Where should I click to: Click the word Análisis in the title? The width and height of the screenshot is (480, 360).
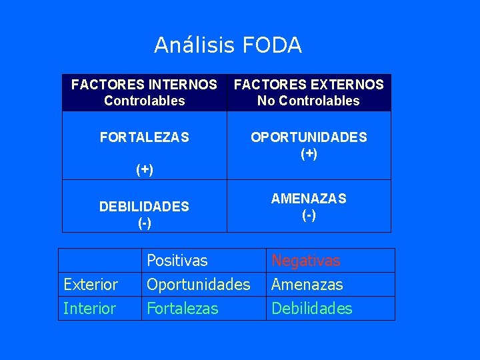tap(195, 45)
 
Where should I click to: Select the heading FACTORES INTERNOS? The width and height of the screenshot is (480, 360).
tap(144, 85)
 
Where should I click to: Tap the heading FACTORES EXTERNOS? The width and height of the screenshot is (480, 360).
tap(309, 85)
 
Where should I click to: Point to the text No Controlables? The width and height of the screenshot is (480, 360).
tap(309, 101)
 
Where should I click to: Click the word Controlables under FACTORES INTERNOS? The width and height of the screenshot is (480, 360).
tap(144, 101)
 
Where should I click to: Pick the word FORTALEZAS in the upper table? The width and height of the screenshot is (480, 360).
tap(144, 137)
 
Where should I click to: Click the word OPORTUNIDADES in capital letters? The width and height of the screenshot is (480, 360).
tap(309, 137)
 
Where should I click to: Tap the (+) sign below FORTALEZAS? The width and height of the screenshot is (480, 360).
tap(145, 169)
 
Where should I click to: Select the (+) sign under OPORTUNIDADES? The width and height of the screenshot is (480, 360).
tap(309, 153)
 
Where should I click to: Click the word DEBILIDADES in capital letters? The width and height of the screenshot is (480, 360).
tap(144, 207)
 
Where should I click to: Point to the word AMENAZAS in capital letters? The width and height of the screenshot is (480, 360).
tap(309, 199)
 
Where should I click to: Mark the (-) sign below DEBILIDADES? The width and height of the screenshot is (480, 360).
tap(144, 223)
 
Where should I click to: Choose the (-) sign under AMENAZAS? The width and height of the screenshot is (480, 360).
tap(309, 215)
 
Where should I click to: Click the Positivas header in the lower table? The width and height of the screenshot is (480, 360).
tap(177, 260)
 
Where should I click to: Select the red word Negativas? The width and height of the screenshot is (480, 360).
tap(305, 260)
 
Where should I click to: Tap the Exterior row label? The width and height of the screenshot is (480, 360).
tap(90, 285)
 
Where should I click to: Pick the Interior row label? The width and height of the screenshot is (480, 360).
tap(89, 309)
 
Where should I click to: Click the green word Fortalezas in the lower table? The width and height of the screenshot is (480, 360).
tap(182, 309)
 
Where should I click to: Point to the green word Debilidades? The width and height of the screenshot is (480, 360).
tap(311, 309)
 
